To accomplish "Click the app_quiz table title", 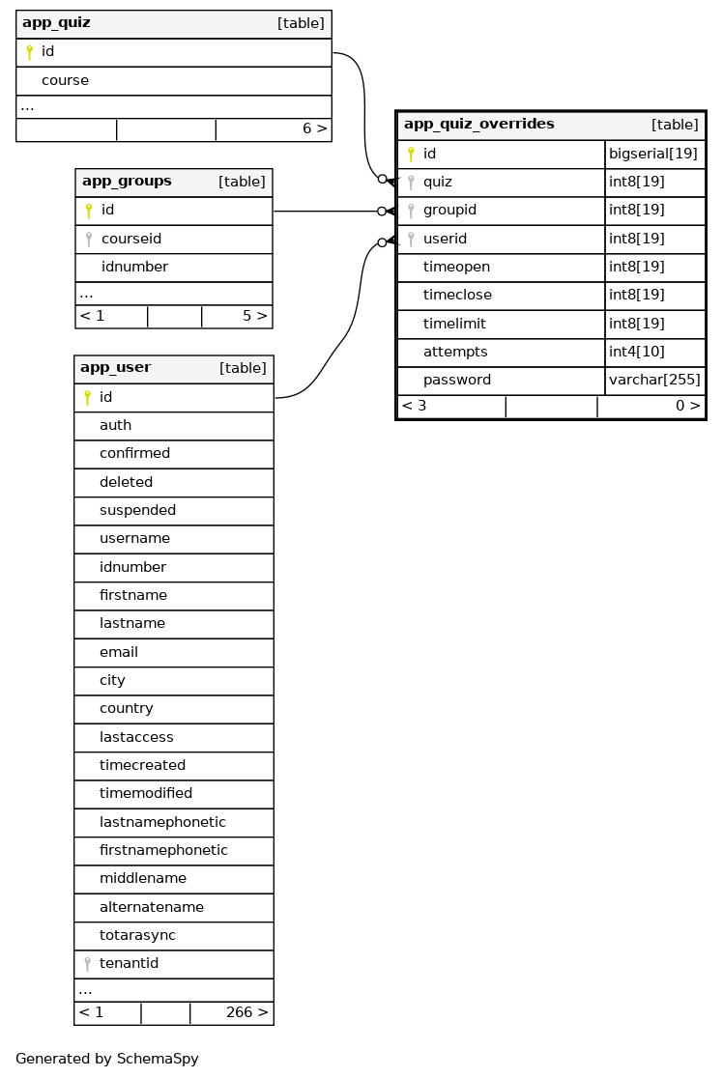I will tap(56, 23).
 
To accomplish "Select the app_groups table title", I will tap(127, 182).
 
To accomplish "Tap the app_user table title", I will tap(115, 368).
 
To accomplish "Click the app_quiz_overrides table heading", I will tap(478, 125).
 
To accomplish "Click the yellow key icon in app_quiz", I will tap(29, 52).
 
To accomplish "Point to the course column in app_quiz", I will tap(65, 81).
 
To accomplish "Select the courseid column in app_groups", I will tap(130, 239).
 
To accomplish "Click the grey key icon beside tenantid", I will tap(87, 964).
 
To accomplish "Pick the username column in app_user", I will tap(134, 539).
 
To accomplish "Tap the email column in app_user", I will tap(119, 652).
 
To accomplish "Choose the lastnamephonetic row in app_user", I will tap(162, 823).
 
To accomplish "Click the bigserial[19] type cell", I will tap(652, 154).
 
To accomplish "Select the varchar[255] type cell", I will tap(654, 381).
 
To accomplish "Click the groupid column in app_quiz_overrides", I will tap(449, 211).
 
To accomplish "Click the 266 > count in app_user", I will tap(246, 1013).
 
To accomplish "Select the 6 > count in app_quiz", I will tap(314, 128).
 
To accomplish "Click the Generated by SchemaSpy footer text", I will tap(106, 1059).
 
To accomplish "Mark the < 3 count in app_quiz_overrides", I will tap(414, 407).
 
